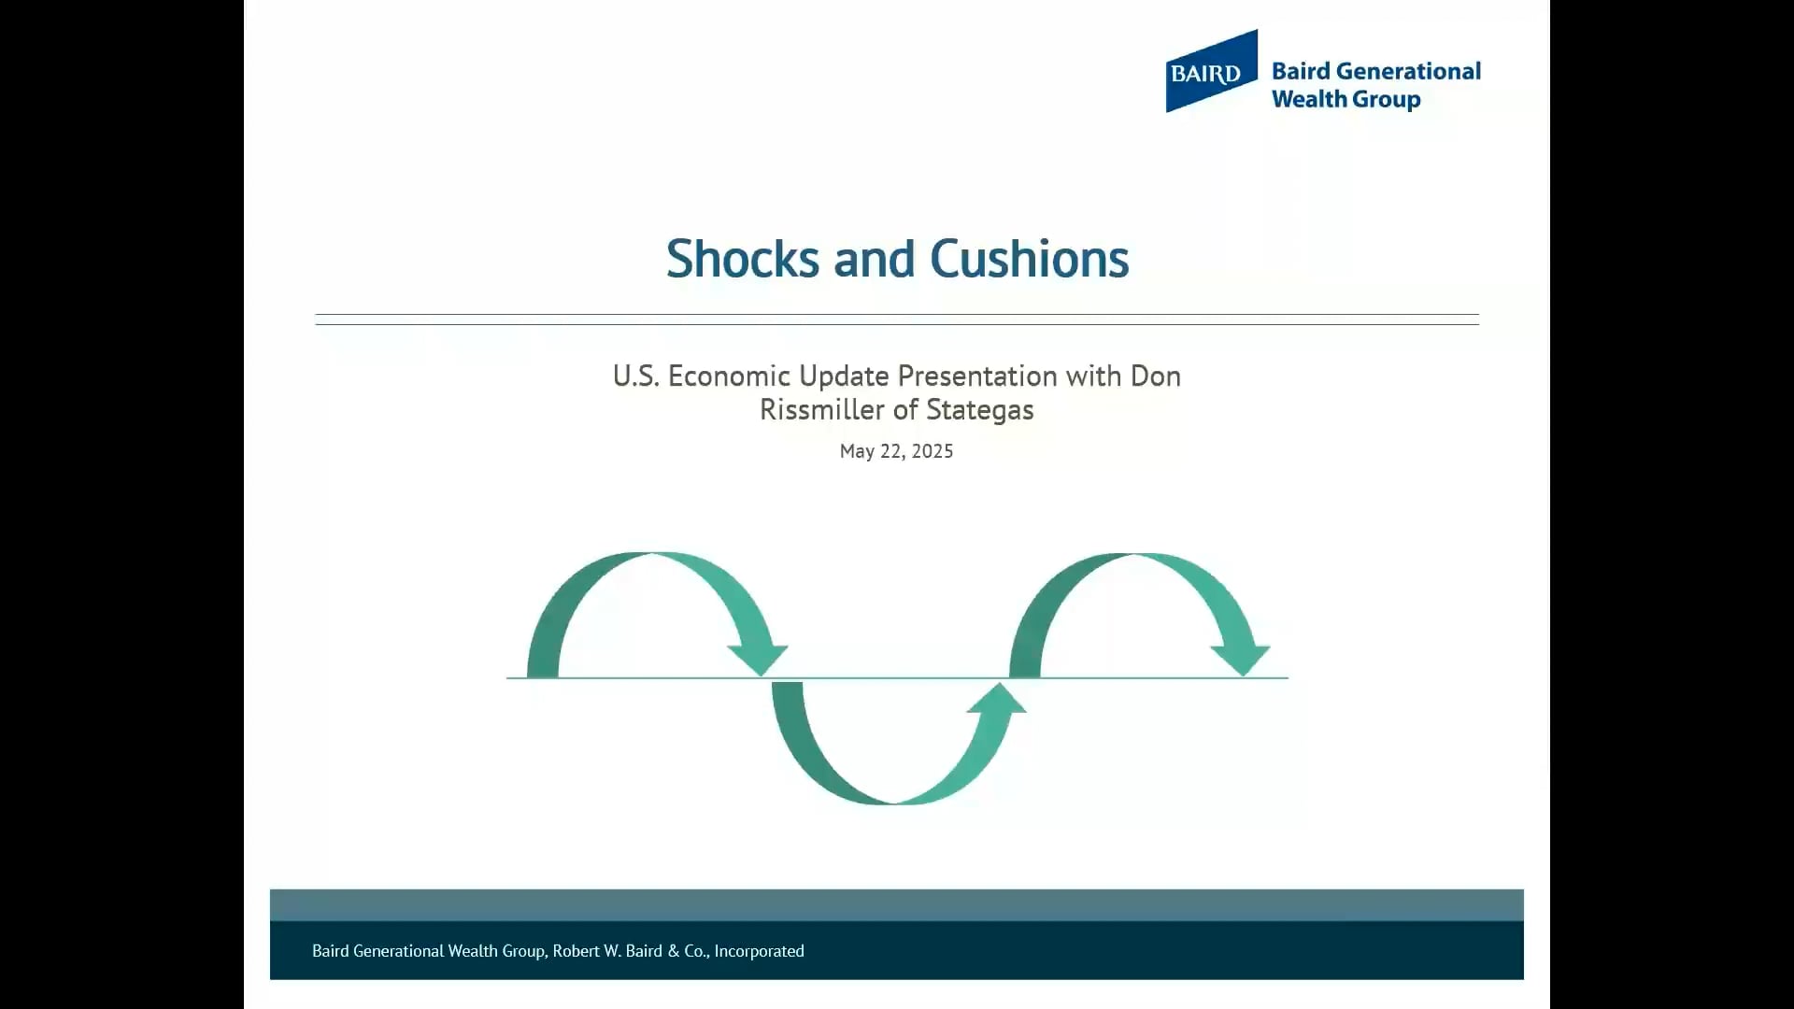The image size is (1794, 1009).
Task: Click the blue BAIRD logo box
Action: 1210,72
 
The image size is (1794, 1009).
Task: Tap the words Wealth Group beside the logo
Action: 1345,99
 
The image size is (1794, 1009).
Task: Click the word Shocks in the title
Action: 743,259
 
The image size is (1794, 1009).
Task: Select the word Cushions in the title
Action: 1029,259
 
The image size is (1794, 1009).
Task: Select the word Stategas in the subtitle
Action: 979,409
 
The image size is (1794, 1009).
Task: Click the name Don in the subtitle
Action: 1156,376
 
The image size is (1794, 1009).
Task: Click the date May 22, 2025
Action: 896,451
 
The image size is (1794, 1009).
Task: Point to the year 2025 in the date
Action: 932,451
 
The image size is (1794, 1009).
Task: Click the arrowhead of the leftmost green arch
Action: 758,658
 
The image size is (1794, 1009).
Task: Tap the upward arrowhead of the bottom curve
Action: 997,699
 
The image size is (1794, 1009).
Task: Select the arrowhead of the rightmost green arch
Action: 1241,658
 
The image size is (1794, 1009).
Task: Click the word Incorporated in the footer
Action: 759,951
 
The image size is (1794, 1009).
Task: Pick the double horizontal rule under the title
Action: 897,320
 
